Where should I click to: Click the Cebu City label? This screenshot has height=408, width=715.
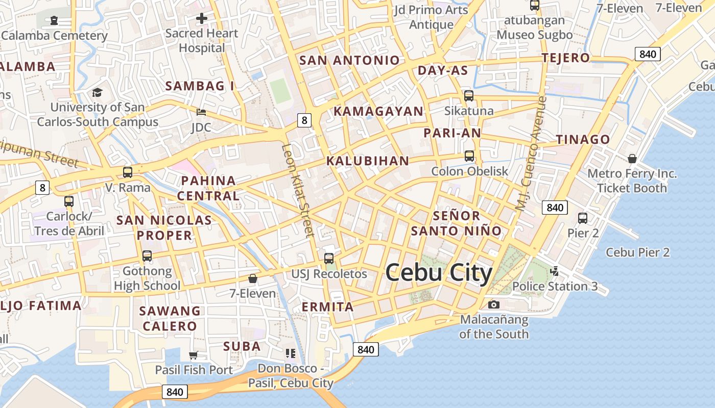click(x=439, y=273)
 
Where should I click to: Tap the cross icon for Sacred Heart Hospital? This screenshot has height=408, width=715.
click(x=202, y=19)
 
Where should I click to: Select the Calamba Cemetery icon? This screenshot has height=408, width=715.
click(x=54, y=20)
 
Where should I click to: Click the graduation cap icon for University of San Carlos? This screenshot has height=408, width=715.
click(x=97, y=92)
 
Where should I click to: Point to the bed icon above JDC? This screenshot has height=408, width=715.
click(x=201, y=112)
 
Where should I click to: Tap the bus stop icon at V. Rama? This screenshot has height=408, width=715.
click(x=128, y=172)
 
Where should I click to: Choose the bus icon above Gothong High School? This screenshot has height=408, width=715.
click(x=147, y=256)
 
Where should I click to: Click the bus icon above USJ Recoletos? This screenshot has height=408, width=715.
click(x=329, y=259)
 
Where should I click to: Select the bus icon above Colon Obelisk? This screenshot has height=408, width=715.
click(x=469, y=156)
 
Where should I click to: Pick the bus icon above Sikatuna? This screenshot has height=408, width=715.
click(x=469, y=96)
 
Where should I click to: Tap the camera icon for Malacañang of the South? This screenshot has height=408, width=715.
click(x=493, y=304)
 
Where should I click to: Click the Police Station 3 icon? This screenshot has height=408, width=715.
click(x=555, y=271)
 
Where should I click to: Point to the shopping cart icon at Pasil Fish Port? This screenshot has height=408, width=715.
click(x=193, y=355)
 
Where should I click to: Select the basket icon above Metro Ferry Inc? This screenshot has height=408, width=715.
click(x=632, y=159)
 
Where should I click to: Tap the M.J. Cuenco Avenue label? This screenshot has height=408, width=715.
click(x=531, y=153)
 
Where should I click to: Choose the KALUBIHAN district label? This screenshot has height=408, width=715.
click(x=368, y=161)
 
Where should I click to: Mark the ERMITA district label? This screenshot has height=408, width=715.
click(x=327, y=307)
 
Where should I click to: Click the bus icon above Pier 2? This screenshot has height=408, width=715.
click(x=583, y=218)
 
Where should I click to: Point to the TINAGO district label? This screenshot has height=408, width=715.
click(x=583, y=139)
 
